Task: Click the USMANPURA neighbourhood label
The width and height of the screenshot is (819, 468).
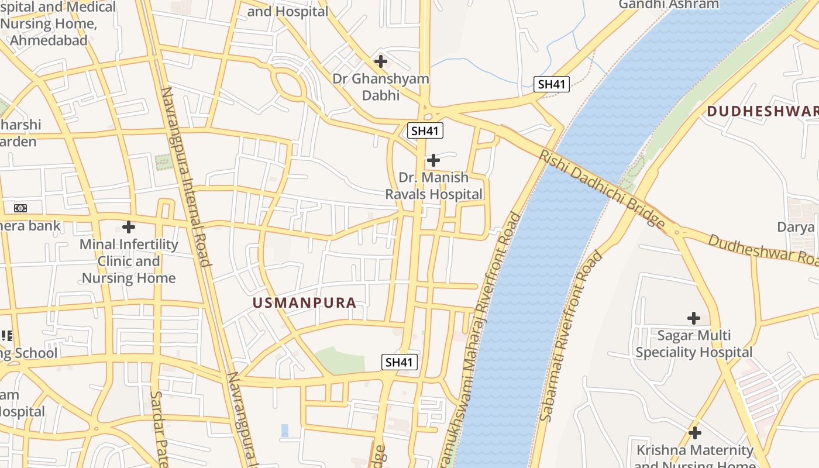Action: pos(304,302)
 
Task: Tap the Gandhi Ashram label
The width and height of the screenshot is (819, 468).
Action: pos(669,5)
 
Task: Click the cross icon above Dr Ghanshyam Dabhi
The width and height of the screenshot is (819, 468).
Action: pos(381,61)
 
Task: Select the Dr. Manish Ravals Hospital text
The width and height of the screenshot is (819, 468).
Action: pos(434,185)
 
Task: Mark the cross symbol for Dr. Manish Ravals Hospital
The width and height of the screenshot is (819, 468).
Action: pos(433,160)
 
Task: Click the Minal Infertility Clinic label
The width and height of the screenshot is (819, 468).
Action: pos(129,261)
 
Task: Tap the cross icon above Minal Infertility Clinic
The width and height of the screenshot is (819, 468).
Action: pos(129,226)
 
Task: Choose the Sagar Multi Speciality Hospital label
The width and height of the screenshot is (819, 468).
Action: pos(694,344)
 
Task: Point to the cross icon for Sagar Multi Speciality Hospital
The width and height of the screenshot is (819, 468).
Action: pos(694,318)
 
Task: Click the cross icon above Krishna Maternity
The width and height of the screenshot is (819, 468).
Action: pos(695,433)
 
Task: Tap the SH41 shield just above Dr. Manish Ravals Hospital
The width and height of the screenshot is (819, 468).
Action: pos(425,130)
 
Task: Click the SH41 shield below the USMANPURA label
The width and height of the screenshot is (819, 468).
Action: pos(400,362)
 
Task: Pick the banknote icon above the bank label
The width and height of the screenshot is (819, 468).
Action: pos(20,208)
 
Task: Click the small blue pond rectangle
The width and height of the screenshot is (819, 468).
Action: pos(285,431)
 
